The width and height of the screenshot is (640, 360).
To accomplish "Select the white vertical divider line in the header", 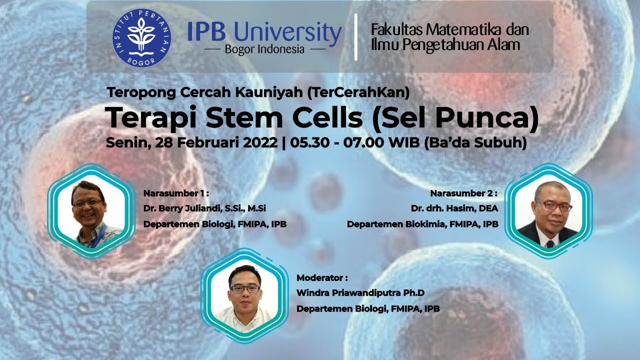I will tap(355, 37).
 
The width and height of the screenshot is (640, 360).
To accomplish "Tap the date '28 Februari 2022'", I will tap(216, 142).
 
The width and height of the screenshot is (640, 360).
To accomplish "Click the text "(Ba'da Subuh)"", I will tap(475, 142).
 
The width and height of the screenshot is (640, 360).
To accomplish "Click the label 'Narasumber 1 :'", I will tap(175, 193).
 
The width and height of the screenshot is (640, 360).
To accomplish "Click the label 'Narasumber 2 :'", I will tap(464, 193).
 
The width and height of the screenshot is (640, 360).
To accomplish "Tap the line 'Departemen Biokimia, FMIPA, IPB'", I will tap(422, 224).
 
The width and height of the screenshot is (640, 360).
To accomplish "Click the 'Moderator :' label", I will tap(322, 277).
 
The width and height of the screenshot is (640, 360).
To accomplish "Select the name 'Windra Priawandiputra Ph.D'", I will tap(356, 293).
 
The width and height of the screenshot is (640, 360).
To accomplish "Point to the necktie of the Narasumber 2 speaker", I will tap(550, 243).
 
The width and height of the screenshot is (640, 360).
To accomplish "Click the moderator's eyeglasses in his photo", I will tap(245, 288).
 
